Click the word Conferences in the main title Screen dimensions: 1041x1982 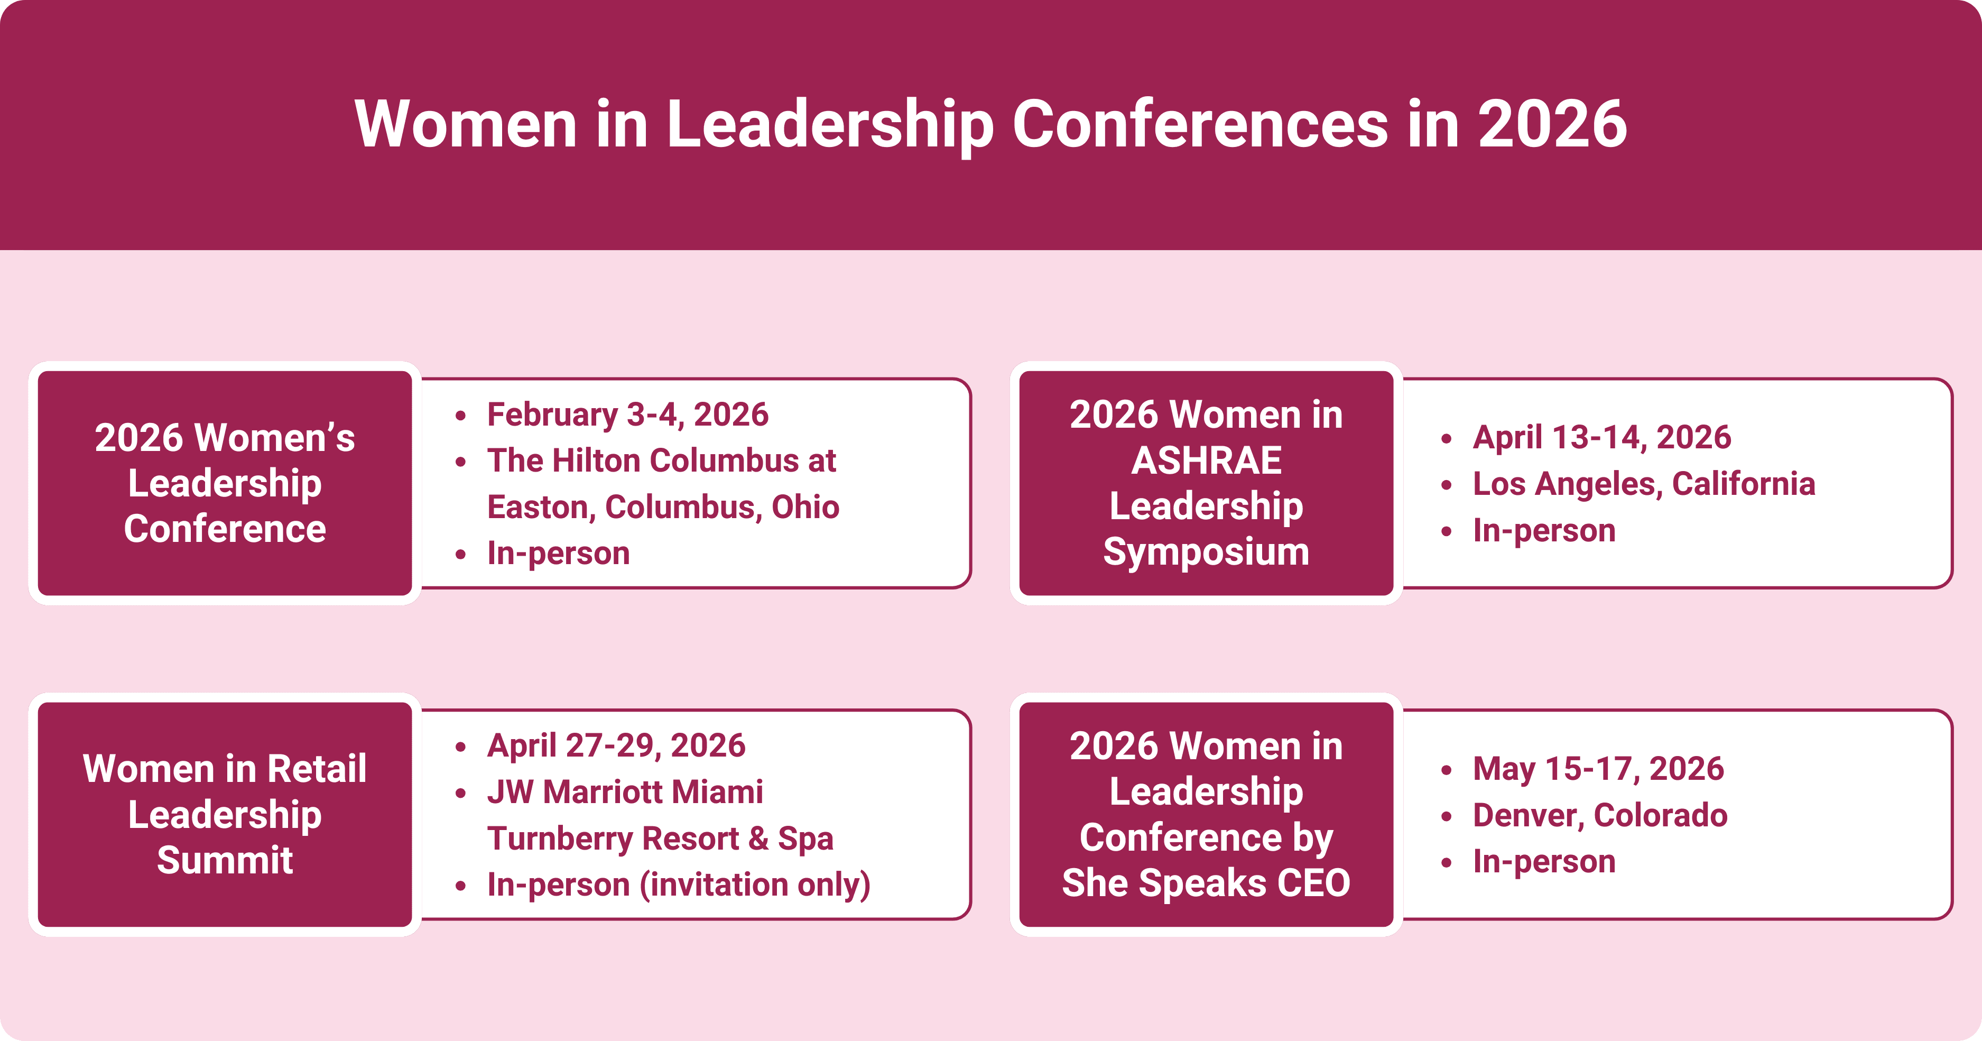(x=1200, y=125)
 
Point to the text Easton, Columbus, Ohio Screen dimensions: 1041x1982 (x=663, y=507)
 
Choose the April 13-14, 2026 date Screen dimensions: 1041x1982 (x=1602, y=438)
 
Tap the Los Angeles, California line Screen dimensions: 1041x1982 (x=1643, y=484)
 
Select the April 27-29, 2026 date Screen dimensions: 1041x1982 (x=616, y=745)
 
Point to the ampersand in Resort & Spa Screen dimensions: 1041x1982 (x=758, y=839)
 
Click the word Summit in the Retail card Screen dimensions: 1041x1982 (x=225, y=860)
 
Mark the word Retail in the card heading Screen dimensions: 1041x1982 (x=317, y=769)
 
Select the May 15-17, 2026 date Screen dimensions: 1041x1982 (x=1598, y=769)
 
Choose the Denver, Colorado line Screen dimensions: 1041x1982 (x=1599, y=816)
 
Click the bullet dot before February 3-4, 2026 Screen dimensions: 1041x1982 (x=461, y=416)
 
